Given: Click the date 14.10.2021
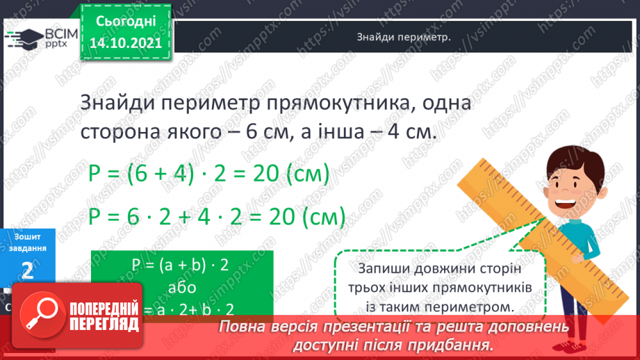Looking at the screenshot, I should [125, 43].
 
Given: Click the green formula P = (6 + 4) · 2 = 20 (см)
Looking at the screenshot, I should [208, 173].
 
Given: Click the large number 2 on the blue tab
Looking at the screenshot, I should [28, 271].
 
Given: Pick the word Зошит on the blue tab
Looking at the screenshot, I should [28, 238].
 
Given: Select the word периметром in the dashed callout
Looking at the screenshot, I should [475, 306].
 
